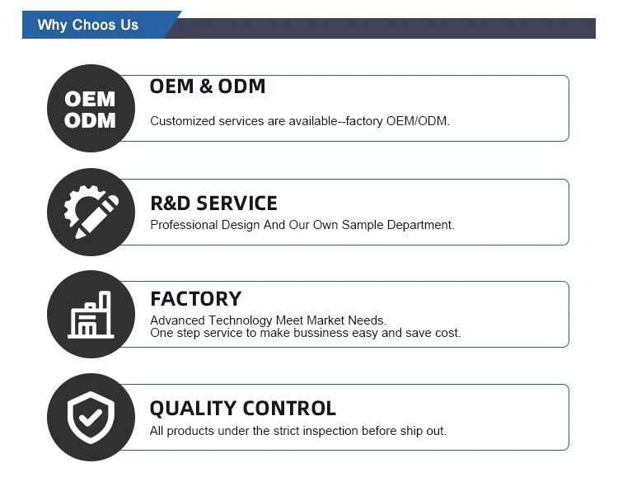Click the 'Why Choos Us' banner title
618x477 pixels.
tap(88, 25)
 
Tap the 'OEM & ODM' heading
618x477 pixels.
tap(208, 87)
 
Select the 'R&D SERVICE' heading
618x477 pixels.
tap(213, 203)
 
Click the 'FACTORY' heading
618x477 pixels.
tap(195, 299)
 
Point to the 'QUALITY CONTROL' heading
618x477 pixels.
tap(243, 409)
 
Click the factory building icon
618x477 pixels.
tap(91, 315)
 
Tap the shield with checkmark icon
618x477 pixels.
tap(91, 418)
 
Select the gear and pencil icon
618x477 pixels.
tap(91, 212)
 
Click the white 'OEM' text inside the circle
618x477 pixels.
tap(90, 99)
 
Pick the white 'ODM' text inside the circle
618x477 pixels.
tap(90, 120)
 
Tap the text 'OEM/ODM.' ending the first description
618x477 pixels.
tap(418, 121)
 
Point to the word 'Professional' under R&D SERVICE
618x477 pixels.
tap(184, 225)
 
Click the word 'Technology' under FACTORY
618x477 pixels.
tap(241, 320)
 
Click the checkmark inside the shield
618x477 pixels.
tap(91, 418)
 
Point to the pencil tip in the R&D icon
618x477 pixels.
tap(77, 237)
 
